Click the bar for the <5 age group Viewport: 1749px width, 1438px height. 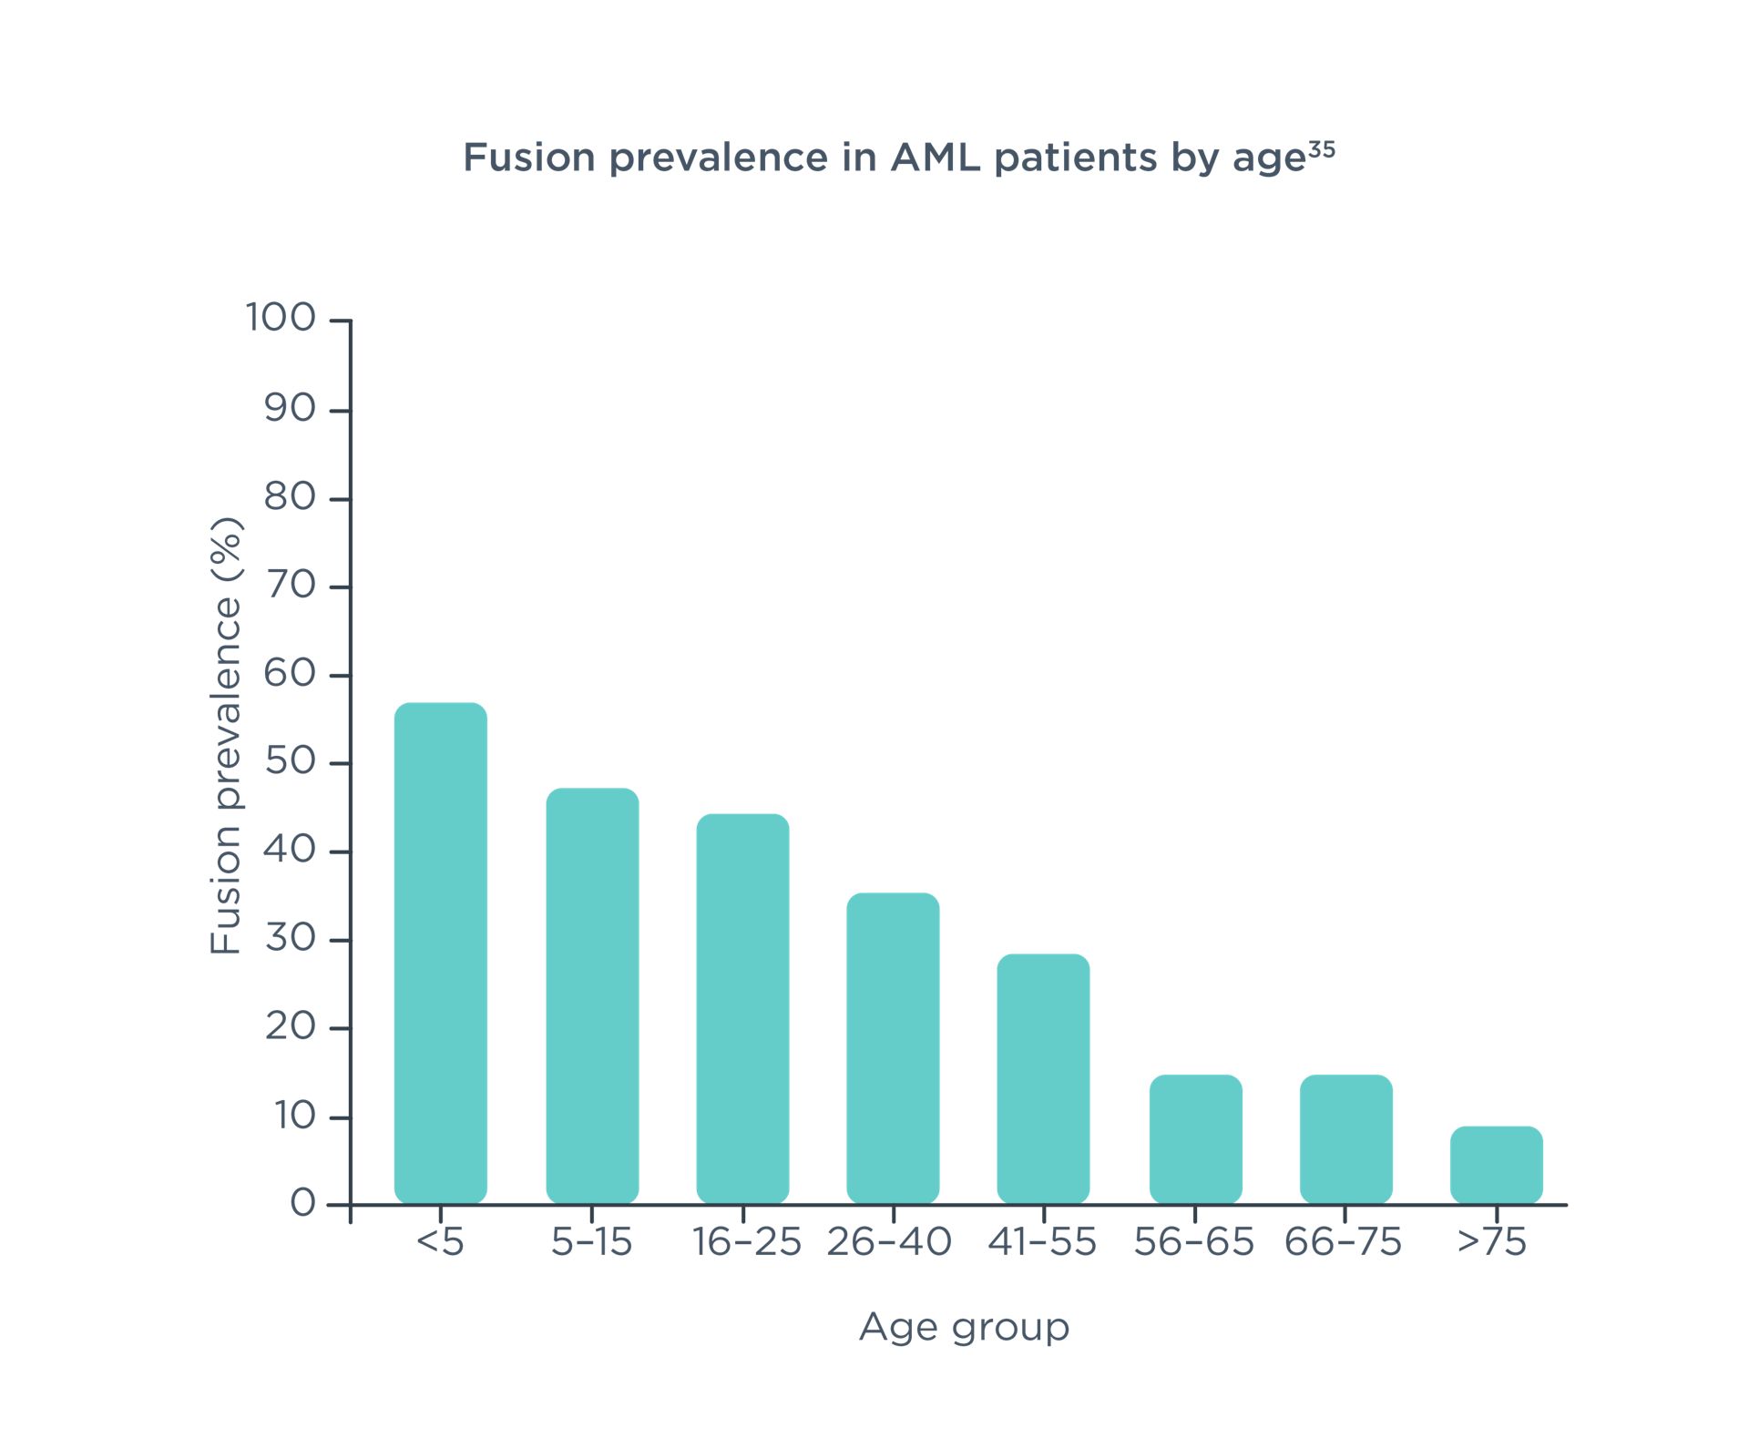coord(441,953)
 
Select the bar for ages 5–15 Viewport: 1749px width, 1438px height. coord(592,995)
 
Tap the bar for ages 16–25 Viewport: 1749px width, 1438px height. coord(742,1008)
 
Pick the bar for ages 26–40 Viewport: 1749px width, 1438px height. coord(893,1047)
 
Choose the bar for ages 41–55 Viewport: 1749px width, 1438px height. coord(1043,1078)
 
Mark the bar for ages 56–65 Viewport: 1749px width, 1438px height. coord(1195,1138)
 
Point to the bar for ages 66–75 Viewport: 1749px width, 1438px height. coord(1345,1138)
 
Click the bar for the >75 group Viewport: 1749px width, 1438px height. coord(1496,1165)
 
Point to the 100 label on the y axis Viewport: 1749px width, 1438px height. coord(281,318)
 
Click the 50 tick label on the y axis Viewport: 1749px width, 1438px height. coord(290,761)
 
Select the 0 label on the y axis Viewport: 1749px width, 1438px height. coord(302,1204)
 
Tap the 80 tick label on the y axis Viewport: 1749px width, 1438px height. coord(290,497)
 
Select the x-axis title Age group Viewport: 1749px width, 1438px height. coord(964,1327)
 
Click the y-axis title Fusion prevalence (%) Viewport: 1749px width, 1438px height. coord(226,735)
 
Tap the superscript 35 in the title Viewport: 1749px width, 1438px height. coord(1321,149)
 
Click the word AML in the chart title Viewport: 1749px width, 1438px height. coord(935,158)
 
